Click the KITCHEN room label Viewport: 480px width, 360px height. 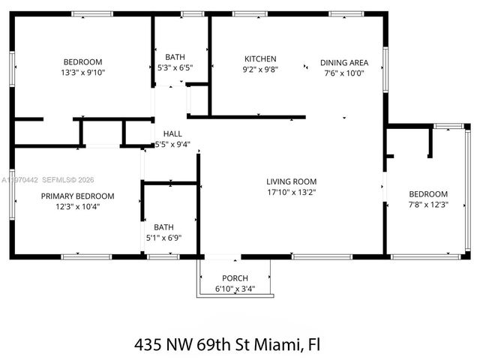(x=260, y=59)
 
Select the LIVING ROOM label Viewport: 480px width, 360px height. (x=291, y=181)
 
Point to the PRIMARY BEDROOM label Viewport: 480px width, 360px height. (x=78, y=196)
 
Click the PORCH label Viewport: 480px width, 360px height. (x=235, y=278)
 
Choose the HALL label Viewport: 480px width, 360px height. (x=172, y=134)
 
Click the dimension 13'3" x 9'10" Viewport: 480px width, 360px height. (x=82, y=73)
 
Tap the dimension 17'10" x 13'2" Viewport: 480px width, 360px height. (x=291, y=192)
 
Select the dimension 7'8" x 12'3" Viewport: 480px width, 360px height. (x=427, y=205)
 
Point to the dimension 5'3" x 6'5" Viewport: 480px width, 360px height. (x=175, y=67)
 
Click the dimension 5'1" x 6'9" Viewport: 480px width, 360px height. (x=163, y=238)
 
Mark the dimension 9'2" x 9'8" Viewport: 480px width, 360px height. (x=260, y=70)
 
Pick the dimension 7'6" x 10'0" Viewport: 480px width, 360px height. (x=344, y=73)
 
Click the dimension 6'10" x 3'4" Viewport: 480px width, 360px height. (x=235, y=289)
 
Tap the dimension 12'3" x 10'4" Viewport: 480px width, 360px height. (x=78, y=206)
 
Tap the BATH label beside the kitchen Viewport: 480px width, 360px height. (x=175, y=57)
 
